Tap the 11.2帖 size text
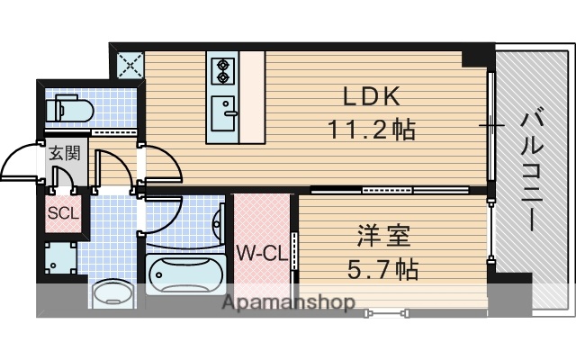(370, 130)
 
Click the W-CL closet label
(261, 254)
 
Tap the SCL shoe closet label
(62, 214)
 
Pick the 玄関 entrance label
(63, 153)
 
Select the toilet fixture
(70, 111)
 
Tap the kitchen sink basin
(223, 112)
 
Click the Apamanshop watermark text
(288, 303)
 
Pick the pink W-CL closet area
(262, 225)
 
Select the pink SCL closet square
(63, 214)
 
